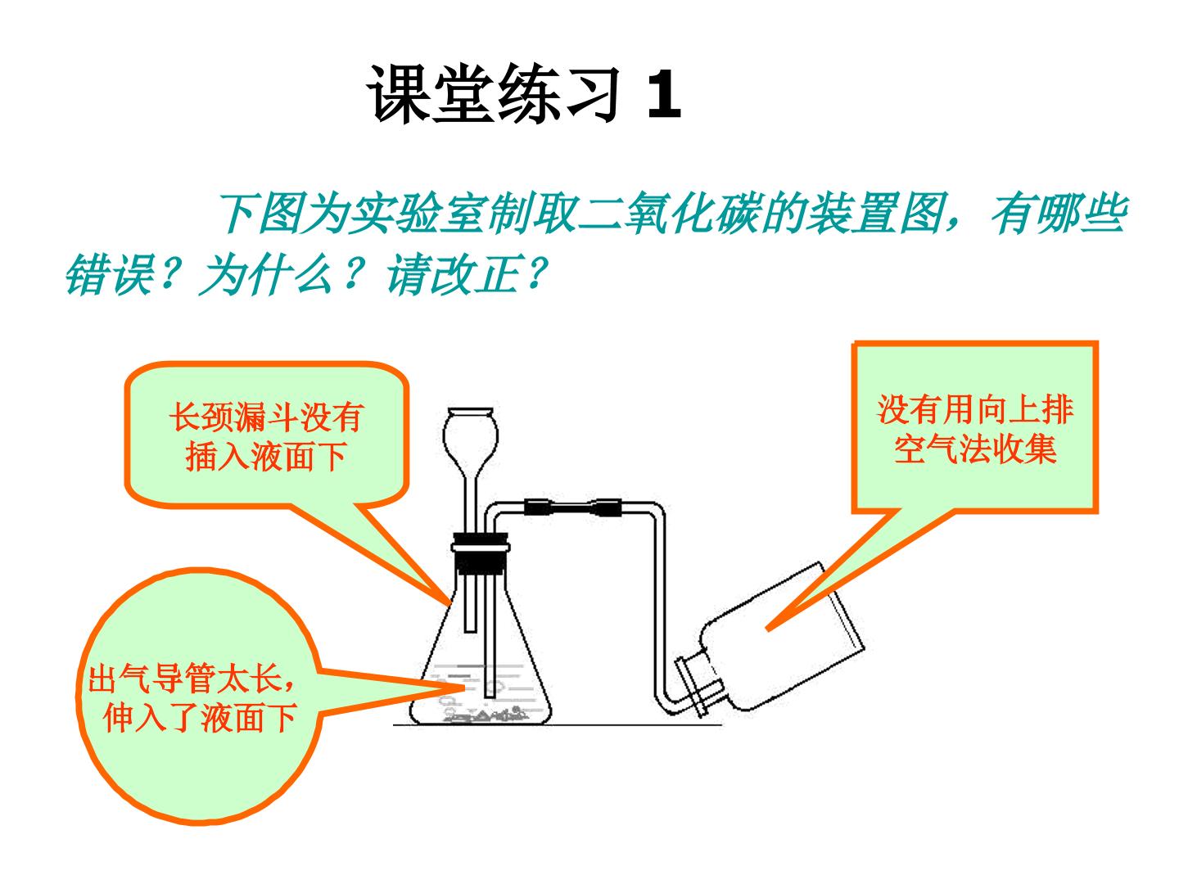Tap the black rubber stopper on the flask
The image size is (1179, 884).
tap(480, 552)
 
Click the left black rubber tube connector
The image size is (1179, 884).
tap(538, 507)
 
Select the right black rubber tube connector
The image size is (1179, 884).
tap(608, 507)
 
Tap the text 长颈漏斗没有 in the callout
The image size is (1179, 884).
tap(267, 417)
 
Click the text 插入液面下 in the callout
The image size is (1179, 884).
tap(266, 457)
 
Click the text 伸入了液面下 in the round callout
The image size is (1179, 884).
tap(199, 718)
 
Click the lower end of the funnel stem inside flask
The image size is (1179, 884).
tap(470, 631)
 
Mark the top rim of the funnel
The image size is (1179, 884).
tap(470, 411)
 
